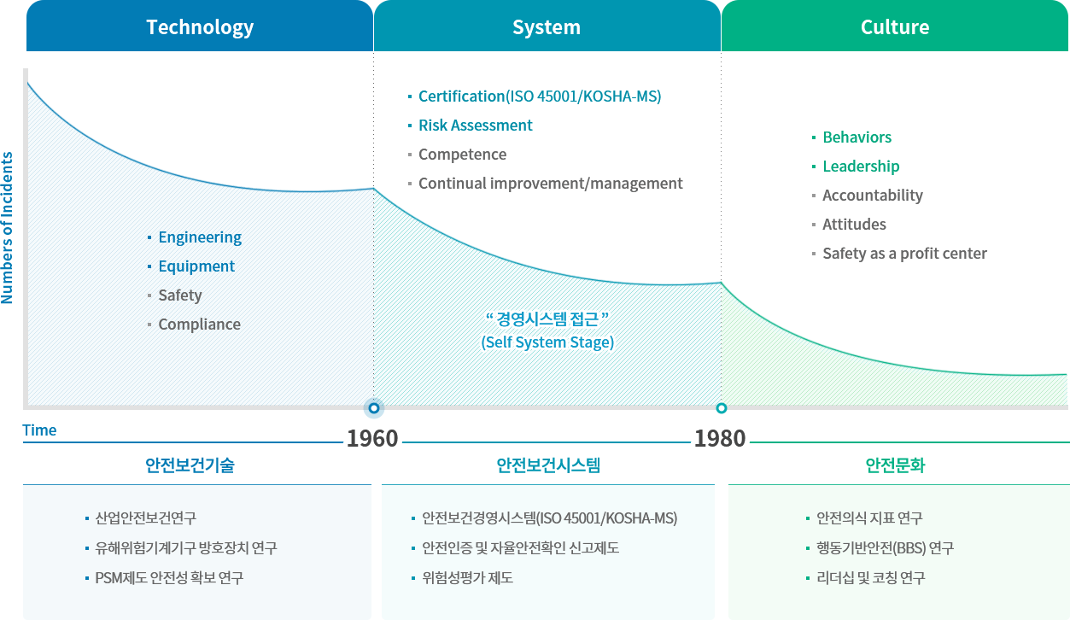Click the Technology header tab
pyautogui.click(x=200, y=26)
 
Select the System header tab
pyautogui.click(x=547, y=26)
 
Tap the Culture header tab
pyautogui.click(x=895, y=26)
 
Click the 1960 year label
pyautogui.click(x=372, y=438)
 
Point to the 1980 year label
pyautogui.click(x=720, y=438)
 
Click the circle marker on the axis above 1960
pyautogui.click(x=374, y=408)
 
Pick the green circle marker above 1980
pyautogui.click(x=722, y=408)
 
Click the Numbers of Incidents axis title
pyautogui.click(x=7, y=228)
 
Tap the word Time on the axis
pyautogui.click(x=39, y=430)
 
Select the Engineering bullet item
pyautogui.click(x=200, y=237)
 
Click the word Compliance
pyautogui.click(x=199, y=325)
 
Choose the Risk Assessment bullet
pyautogui.click(x=475, y=126)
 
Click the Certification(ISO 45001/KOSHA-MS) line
pyautogui.click(x=540, y=97)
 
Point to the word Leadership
pyautogui.click(x=861, y=167)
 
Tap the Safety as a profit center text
pyautogui.click(x=904, y=253)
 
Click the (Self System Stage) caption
pyautogui.click(x=547, y=342)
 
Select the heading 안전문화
pyautogui.click(x=895, y=465)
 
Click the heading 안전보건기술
pyautogui.click(x=190, y=465)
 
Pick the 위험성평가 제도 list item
pyautogui.click(x=467, y=578)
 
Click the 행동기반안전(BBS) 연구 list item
pyautogui.click(x=885, y=548)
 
